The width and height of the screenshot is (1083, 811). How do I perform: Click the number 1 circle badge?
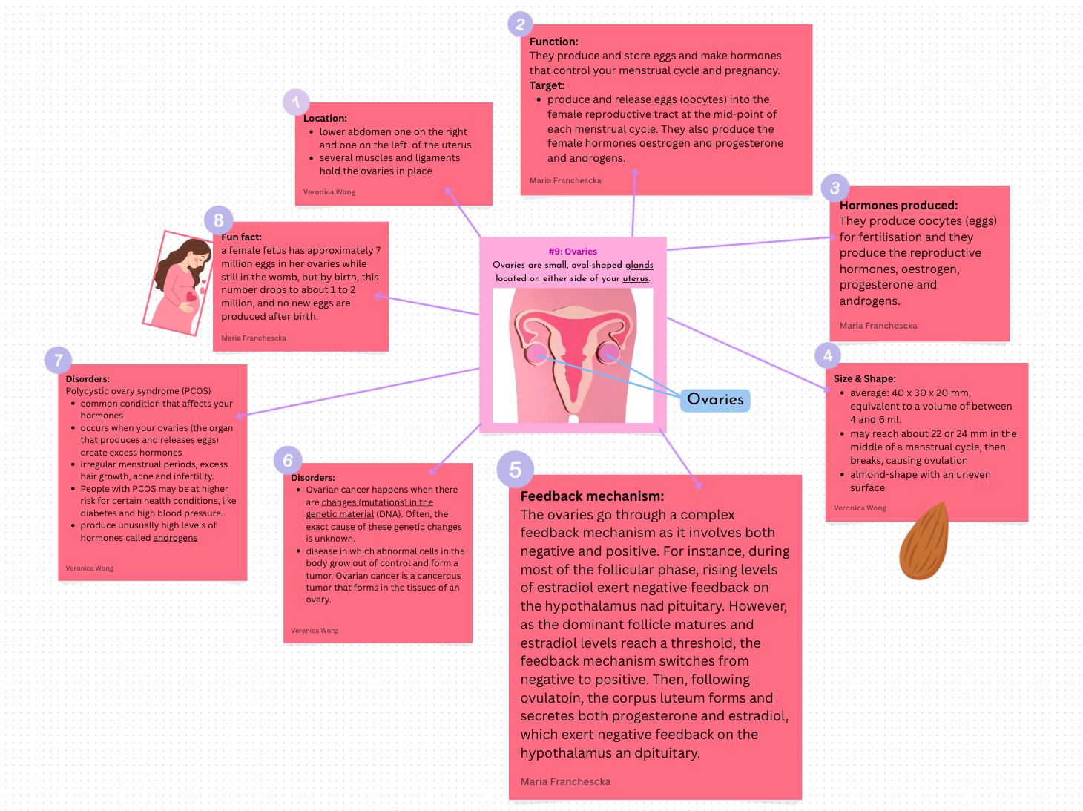point(296,102)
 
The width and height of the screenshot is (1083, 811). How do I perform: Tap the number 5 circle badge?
point(516,470)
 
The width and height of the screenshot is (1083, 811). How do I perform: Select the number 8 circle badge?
point(219,220)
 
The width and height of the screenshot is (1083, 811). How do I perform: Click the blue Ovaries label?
point(715,400)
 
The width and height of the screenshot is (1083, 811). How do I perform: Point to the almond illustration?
point(924,541)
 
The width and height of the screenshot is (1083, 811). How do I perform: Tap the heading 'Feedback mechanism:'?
point(592,496)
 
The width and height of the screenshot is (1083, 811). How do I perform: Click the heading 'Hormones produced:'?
point(898,206)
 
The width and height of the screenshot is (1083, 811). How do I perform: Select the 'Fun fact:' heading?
point(241,237)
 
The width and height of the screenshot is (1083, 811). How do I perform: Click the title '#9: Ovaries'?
point(573,252)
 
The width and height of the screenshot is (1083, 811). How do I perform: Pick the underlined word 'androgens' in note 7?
point(175,538)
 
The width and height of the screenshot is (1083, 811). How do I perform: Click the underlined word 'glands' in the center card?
point(639,265)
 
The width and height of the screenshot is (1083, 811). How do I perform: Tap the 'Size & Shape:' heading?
point(864,378)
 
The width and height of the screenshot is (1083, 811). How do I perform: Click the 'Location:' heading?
point(325,118)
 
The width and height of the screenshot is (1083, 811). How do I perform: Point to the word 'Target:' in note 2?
point(547,85)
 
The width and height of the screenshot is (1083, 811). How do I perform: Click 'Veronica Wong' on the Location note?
point(329,192)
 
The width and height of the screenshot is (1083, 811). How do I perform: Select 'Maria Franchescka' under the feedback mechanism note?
point(565,781)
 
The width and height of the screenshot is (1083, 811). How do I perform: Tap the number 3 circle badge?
point(835,188)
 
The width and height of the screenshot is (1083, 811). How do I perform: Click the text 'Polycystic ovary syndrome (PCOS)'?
point(138,391)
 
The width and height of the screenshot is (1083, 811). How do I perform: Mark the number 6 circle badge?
point(288,461)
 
